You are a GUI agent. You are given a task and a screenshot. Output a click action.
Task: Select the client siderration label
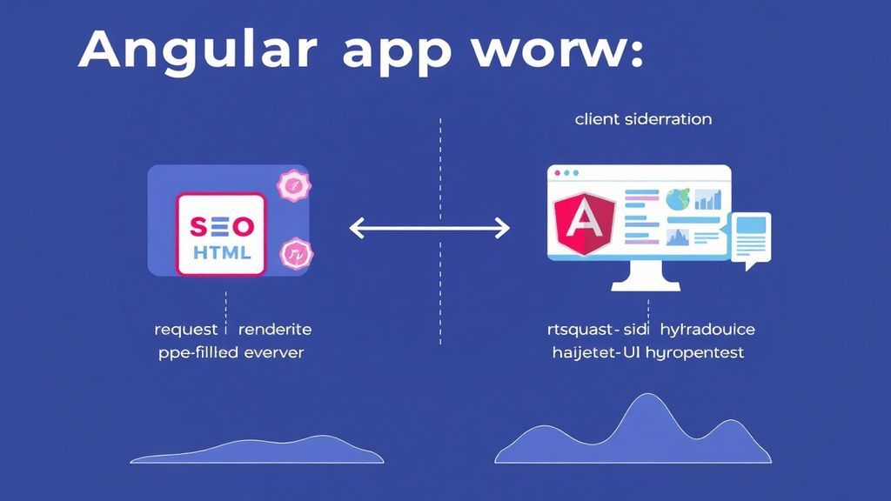643,118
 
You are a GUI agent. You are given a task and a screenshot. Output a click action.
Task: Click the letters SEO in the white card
221,227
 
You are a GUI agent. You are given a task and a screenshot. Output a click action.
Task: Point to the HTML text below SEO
221,253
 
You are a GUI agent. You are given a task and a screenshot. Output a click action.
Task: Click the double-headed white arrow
429,229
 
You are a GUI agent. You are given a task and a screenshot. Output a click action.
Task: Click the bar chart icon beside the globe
708,200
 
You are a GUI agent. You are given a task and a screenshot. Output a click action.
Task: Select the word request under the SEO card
185,330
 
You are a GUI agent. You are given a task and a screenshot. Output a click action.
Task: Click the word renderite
274,330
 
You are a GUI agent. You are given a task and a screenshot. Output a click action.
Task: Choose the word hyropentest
687,353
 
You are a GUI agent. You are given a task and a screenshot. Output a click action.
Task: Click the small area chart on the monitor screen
677,237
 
